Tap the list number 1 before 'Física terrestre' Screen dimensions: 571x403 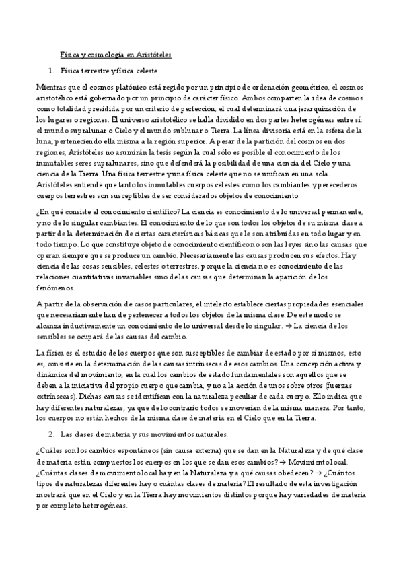(50, 69)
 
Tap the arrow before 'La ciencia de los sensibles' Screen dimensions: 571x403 (287, 325)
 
